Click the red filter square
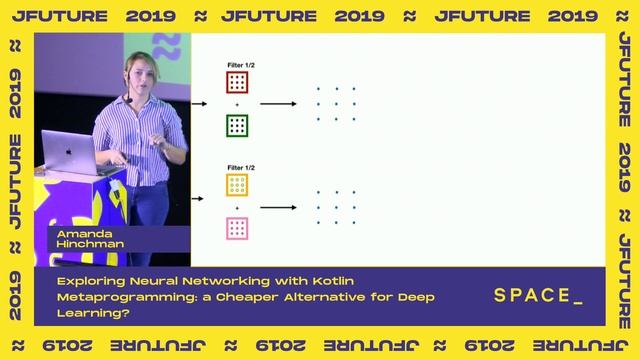tap(237, 82)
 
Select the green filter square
tap(237, 125)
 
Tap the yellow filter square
tap(237, 185)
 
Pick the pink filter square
tap(237, 228)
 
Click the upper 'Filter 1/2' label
tap(237, 64)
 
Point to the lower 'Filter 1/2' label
tap(237, 167)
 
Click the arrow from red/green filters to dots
tap(278, 104)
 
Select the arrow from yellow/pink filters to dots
tap(278, 207)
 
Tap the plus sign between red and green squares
tap(237, 104)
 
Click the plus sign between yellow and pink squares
tap(237, 207)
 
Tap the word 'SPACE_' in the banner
tap(538, 296)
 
